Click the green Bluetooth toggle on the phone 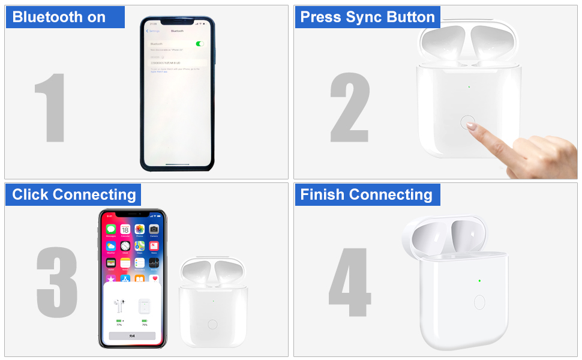click(200, 44)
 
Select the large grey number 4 click(350, 282)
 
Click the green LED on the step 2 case click(469, 86)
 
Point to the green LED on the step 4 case click(479, 280)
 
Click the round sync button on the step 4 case click(479, 302)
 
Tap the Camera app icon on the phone click(154, 229)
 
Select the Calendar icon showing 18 click(125, 229)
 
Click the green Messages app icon click(111, 229)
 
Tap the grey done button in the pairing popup click(132, 336)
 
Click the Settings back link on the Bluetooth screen click(154, 31)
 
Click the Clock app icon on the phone click(125, 246)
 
